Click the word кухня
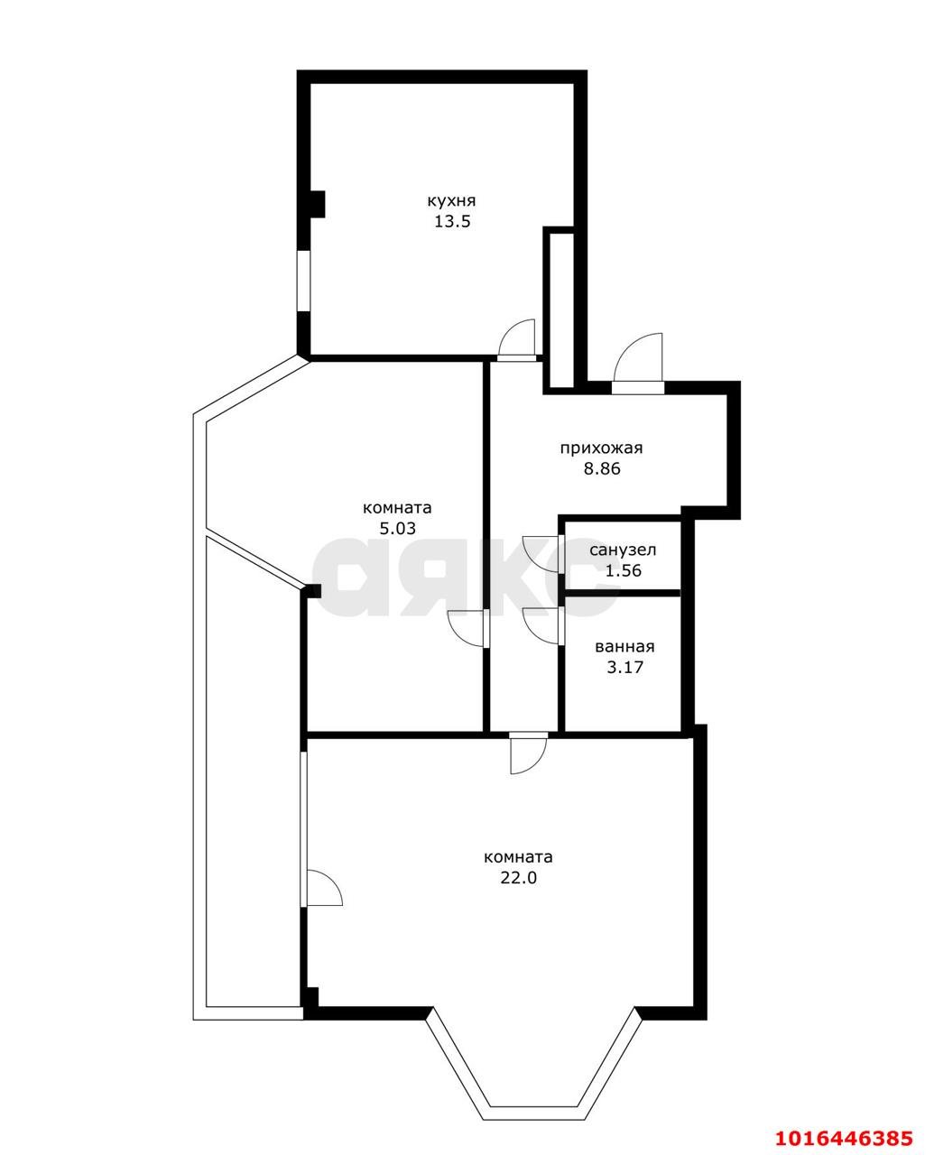[x=451, y=201]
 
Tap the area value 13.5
[x=451, y=221]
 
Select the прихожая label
[x=601, y=448]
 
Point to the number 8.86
[x=602, y=468]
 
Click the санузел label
[x=623, y=550]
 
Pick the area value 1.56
[x=624, y=570]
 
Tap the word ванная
[x=624, y=647]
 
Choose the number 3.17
[x=624, y=667]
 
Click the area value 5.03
[x=397, y=528]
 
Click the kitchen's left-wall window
[x=304, y=281]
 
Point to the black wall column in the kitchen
[x=317, y=204]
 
